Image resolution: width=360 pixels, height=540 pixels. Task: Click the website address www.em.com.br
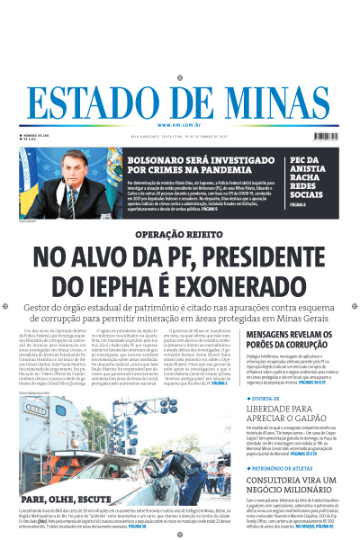tap(180, 125)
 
